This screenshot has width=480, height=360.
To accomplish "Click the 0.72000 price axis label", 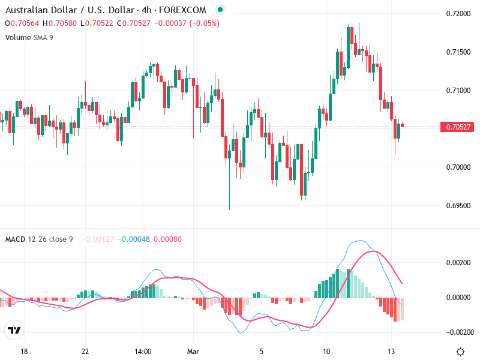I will (x=458, y=13).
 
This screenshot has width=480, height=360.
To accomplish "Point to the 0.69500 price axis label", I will (x=458, y=205).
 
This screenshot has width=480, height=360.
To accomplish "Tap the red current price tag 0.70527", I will (x=458, y=127).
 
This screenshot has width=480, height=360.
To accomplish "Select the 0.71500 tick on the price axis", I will (x=458, y=52).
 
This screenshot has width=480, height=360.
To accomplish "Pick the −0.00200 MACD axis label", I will (x=458, y=332).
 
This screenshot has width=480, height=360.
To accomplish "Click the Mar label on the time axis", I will (x=193, y=352).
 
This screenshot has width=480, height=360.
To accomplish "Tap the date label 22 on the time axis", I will (x=85, y=352).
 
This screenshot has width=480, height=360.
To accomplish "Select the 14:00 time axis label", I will (x=142, y=352).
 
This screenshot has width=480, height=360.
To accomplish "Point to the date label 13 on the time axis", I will (x=391, y=352).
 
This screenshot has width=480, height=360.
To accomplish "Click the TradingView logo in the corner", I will (x=14, y=330).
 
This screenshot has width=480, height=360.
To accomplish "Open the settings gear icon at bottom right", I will (x=460, y=352).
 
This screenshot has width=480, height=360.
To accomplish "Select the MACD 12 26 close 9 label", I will (x=39, y=239).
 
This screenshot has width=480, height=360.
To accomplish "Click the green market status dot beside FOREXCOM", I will (x=220, y=10).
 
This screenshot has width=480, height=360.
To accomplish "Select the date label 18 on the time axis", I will (x=24, y=352).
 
